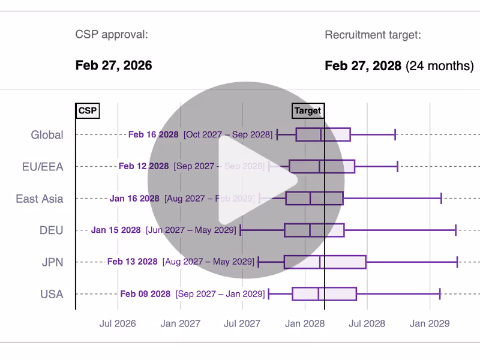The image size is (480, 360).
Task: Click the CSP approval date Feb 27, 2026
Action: pos(113,65)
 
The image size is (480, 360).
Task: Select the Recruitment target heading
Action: pos(373,34)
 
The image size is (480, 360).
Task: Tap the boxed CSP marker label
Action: pos(88,110)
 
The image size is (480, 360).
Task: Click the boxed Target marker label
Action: pos(308,110)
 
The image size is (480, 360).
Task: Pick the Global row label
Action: pos(47,135)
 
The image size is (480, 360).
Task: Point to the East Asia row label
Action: pos(40,199)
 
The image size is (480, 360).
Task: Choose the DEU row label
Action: pos(51,230)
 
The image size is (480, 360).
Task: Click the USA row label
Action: pos(52,294)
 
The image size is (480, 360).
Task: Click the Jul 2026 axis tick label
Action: pos(118,323)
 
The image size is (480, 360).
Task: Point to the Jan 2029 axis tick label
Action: pos(430,323)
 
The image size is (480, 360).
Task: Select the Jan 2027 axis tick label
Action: pos(180,323)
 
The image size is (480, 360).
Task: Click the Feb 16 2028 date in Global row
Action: pos(153,134)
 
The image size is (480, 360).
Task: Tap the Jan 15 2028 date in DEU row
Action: pos(116,230)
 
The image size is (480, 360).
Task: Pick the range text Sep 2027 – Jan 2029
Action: pos(220,294)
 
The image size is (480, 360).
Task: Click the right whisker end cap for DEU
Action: pos(456,230)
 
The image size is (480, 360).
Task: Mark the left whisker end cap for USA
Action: pos(268,293)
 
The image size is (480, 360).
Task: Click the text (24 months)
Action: pos(440,65)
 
